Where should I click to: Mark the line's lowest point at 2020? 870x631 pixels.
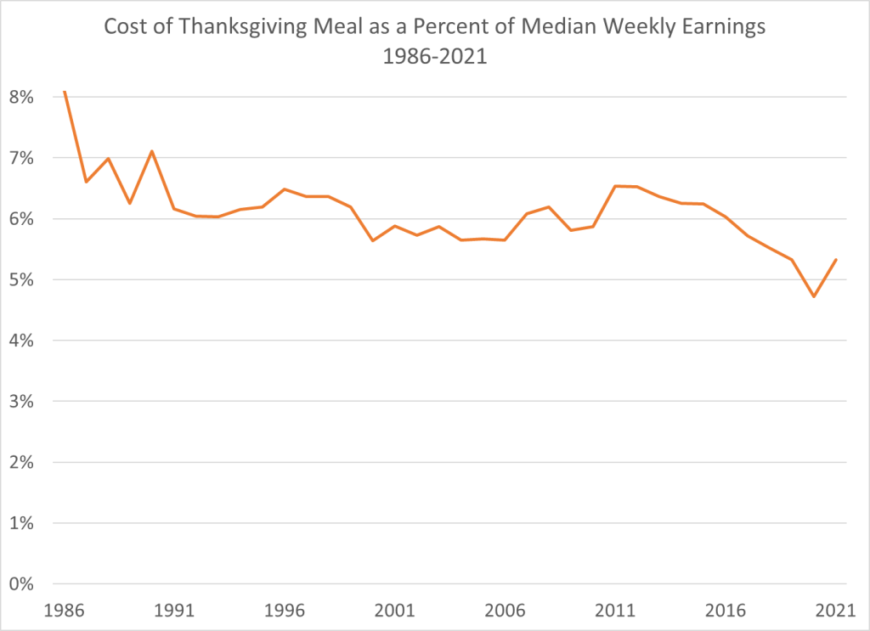[814, 296]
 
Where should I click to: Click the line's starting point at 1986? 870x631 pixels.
[65, 91]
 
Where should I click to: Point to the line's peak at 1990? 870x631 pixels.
[152, 151]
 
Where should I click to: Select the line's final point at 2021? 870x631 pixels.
[836, 260]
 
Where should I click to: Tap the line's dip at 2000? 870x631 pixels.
[372, 240]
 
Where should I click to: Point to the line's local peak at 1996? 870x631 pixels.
[285, 189]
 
